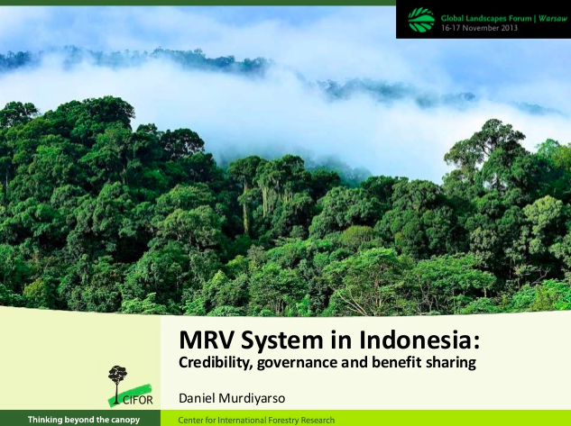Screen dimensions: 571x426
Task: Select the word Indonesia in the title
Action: click(419, 340)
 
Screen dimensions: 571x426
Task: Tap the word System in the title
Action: click(281, 341)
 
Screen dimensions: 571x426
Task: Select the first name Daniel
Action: click(197, 398)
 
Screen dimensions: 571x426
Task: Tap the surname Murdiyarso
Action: click(252, 398)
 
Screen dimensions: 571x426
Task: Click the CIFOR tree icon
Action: click(117, 383)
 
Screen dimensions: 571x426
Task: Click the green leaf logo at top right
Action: click(421, 20)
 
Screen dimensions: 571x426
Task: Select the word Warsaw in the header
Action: click(553, 18)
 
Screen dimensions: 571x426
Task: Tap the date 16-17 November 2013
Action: click(479, 28)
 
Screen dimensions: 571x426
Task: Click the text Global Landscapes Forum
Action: click(486, 18)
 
